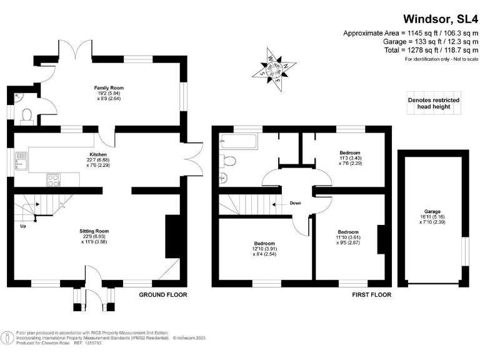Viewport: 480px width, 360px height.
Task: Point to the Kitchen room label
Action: (x=98, y=154)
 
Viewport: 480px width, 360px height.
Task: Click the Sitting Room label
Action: (x=98, y=231)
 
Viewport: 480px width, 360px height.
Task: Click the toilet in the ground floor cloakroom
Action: (x=26, y=115)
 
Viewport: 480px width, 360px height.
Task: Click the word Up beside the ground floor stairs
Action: (x=23, y=226)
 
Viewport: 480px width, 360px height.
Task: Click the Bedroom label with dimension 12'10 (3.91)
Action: (x=264, y=243)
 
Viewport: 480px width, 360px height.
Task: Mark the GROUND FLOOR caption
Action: (x=163, y=294)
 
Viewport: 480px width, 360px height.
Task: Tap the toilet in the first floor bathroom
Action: (x=228, y=161)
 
